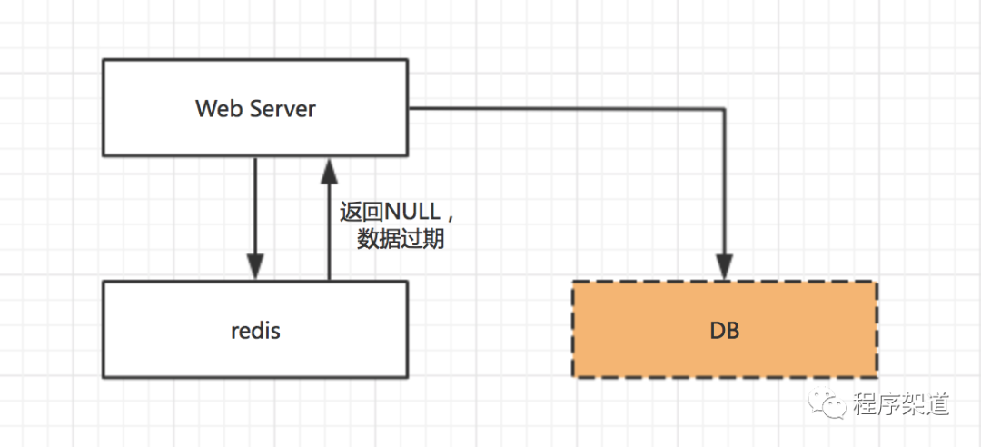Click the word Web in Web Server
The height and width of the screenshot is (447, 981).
click(215, 109)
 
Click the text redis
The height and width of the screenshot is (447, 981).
click(255, 330)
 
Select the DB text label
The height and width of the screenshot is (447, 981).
click(724, 330)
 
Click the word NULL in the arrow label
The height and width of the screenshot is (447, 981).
click(412, 213)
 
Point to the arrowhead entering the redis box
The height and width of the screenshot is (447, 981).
click(255, 268)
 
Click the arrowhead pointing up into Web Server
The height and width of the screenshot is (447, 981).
click(329, 168)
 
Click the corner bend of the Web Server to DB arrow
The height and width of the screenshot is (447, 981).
click(724, 109)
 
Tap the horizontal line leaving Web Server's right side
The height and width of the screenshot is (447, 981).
click(563, 109)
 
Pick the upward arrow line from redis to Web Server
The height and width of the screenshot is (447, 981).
click(329, 236)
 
